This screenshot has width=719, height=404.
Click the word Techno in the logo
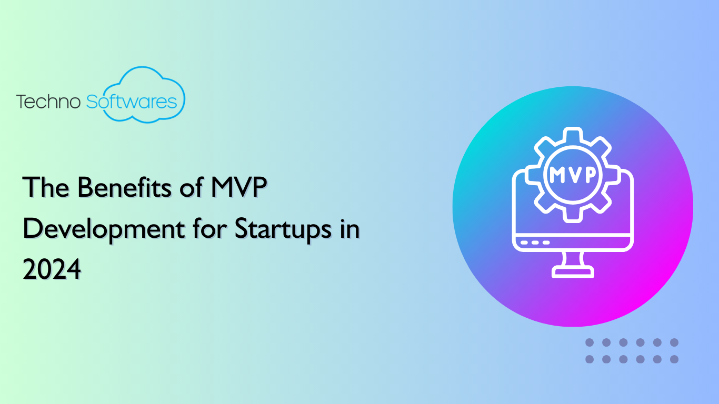[48, 102]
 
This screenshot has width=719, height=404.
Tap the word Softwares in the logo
[132, 101]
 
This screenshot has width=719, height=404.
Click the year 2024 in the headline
[52, 269]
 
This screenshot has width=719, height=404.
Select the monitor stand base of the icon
[573, 272]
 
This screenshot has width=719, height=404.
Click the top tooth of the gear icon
[573, 135]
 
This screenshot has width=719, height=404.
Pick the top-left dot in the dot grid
[590, 342]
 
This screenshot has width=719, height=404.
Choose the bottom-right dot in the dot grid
[674, 359]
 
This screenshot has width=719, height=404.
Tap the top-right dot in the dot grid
[674, 342]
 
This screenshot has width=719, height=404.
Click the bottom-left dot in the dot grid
[590, 359]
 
